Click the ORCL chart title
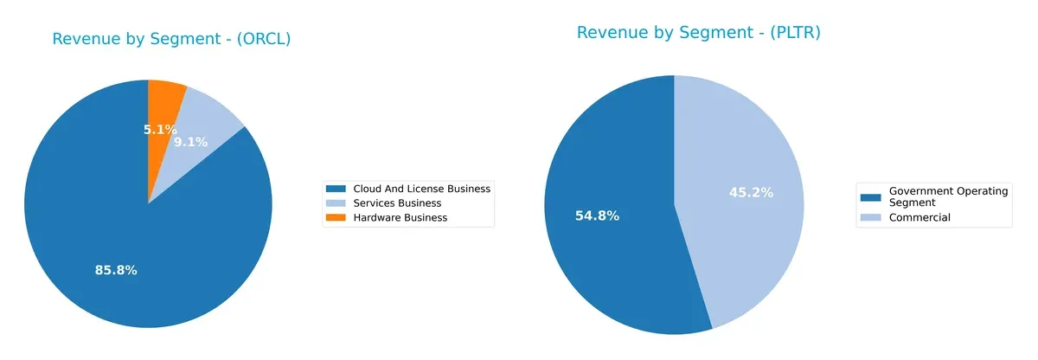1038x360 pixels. pyautogui.click(x=171, y=39)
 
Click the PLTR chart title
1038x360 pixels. pyautogui.click(x=698, y=33)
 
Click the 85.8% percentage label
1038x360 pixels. pyautogui.click(x=116, y=270)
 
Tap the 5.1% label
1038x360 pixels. pyautogui.click(x=160, y=130)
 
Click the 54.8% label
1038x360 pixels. pyautogui.click(x=597, y=215)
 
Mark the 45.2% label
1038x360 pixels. pyautogui.click(x=751, y=192)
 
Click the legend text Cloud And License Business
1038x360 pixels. pyautogui.click(x=421, y=189)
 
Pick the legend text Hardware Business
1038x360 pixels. pyautogui.click(x=400, y=218)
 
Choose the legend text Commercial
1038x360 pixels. pyautogui.click(x=919, y=217)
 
